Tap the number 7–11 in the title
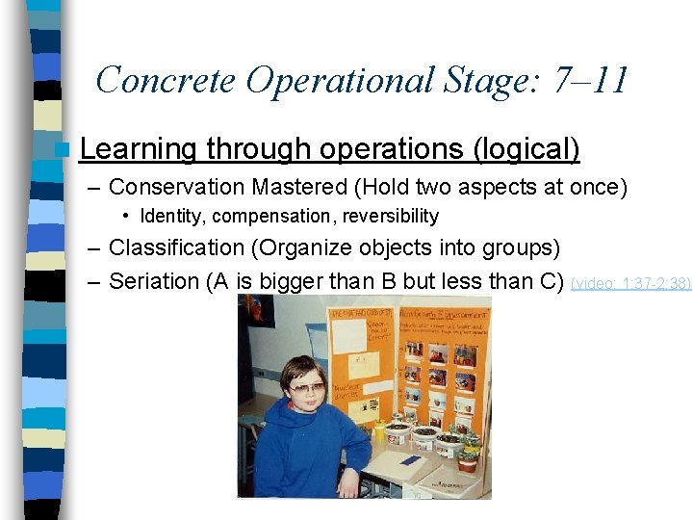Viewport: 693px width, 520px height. point(591,80)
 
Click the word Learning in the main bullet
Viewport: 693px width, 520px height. point(140,149)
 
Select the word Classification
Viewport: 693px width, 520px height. point(177,247)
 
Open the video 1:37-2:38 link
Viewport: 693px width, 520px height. point(630,283)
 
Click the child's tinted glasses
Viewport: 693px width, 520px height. point(307,388)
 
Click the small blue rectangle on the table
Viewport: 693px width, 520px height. point(410,460)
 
